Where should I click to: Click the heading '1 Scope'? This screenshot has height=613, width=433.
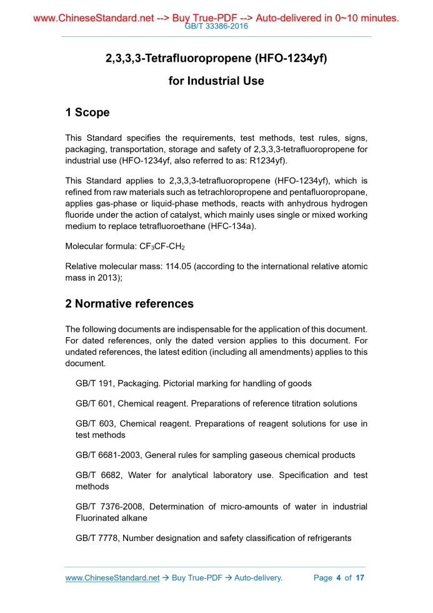click(x=87, y=113)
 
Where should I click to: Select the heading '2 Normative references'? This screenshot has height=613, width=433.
click(x=129, y=304)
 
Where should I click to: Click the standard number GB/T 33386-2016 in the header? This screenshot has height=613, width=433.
click(x=216, y=27)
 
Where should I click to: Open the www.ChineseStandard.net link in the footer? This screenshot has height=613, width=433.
click(x=112, y=577)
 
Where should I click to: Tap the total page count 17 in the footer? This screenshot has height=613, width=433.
click(x=359, y=577)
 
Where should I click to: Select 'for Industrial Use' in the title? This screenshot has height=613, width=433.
click(x=216, y=81)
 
